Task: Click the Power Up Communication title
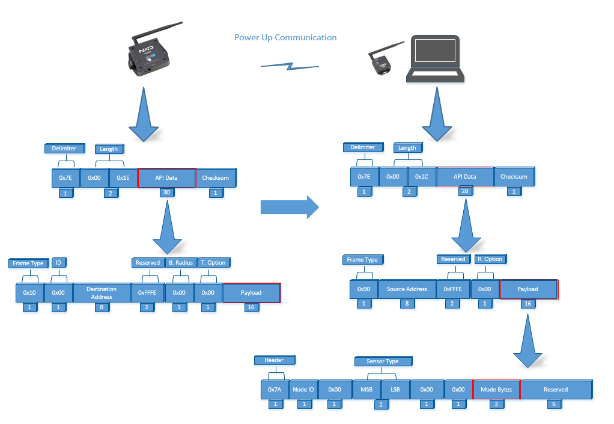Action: point(285,38)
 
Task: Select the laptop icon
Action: point(435,59)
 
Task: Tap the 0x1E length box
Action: point(123,178)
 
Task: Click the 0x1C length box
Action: point(422,177)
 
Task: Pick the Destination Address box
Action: point(102,293)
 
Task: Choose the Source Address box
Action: point(407,289)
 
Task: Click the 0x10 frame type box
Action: point(29,293)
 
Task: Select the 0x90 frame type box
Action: point(364,289)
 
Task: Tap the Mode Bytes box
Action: point(496,390)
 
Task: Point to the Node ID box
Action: point(303,390)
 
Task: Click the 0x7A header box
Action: point(275,390)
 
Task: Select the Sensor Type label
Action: point(383,361)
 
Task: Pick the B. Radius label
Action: point(181,263)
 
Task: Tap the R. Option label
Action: point(490,259)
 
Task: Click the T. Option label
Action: point(213,263)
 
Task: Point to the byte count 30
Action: point(167,192)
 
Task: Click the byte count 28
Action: point(465,191)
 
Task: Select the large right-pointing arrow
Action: point(290,207)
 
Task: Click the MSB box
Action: point(366,390)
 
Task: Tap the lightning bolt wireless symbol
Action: point(290,66)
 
